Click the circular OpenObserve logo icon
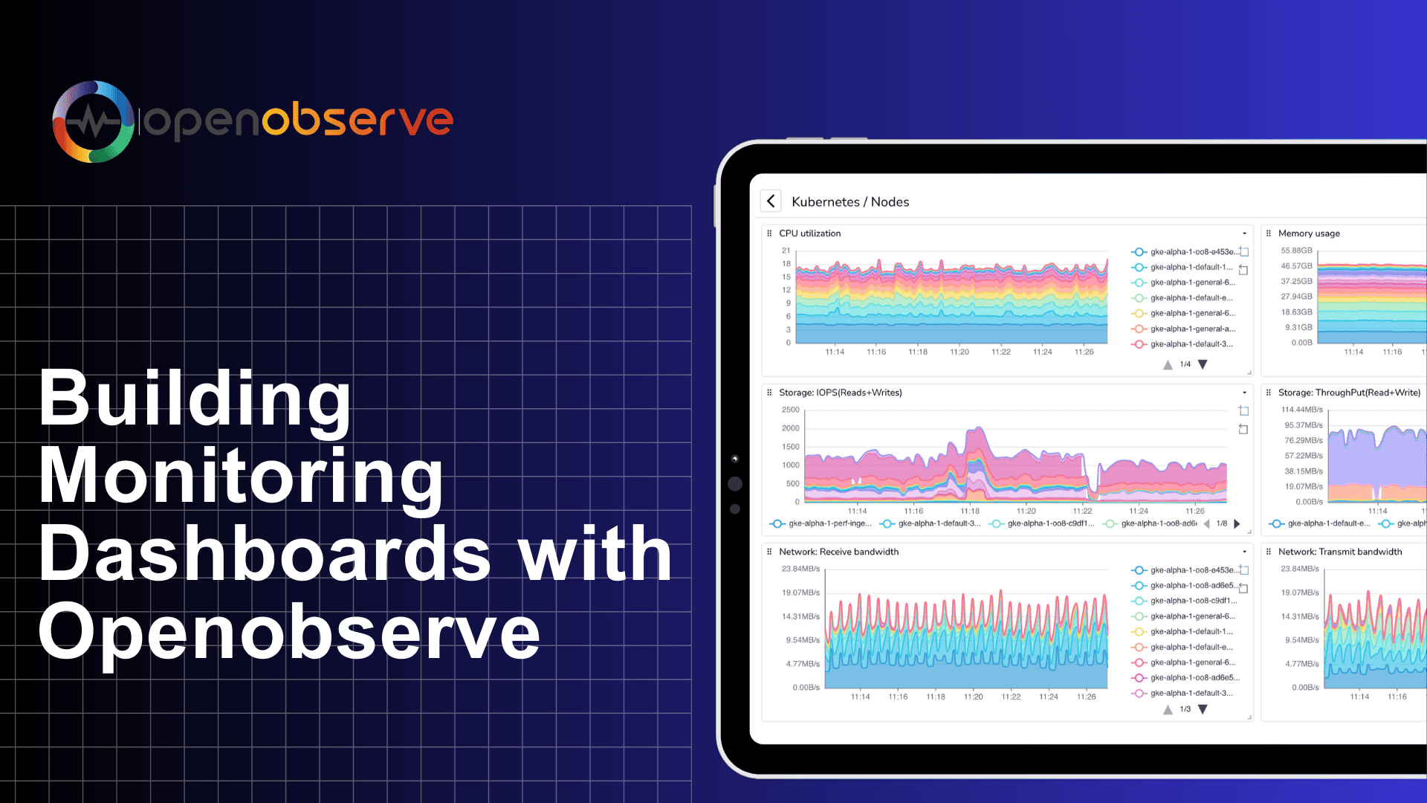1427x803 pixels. (93, 121)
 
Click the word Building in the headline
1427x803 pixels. (195, 399)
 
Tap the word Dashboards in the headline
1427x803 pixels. (265, 554)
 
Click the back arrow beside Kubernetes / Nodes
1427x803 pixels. (771, 201)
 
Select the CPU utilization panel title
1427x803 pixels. (809, 233)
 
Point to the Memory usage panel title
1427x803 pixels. (1309, 233)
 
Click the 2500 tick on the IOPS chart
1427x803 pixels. (790, 410)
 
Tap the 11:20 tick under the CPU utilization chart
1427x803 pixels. (959, 352)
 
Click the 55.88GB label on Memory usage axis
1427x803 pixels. (1296, 251)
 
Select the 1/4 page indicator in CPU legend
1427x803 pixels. (1185, 364)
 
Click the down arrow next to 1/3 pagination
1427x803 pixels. (1203, 709)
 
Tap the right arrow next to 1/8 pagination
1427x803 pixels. (1237, 523)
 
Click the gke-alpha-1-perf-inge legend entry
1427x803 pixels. (829, 523)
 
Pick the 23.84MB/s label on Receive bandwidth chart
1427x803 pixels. (800, 569)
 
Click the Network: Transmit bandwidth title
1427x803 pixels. (1339, 552)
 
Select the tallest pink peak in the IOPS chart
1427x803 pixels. (977, 431)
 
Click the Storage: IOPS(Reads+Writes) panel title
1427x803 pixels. (840, 393)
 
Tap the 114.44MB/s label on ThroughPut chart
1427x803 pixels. (1301, 410)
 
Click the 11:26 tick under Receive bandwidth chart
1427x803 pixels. (1086, 697)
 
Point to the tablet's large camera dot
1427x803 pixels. (735, 484)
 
